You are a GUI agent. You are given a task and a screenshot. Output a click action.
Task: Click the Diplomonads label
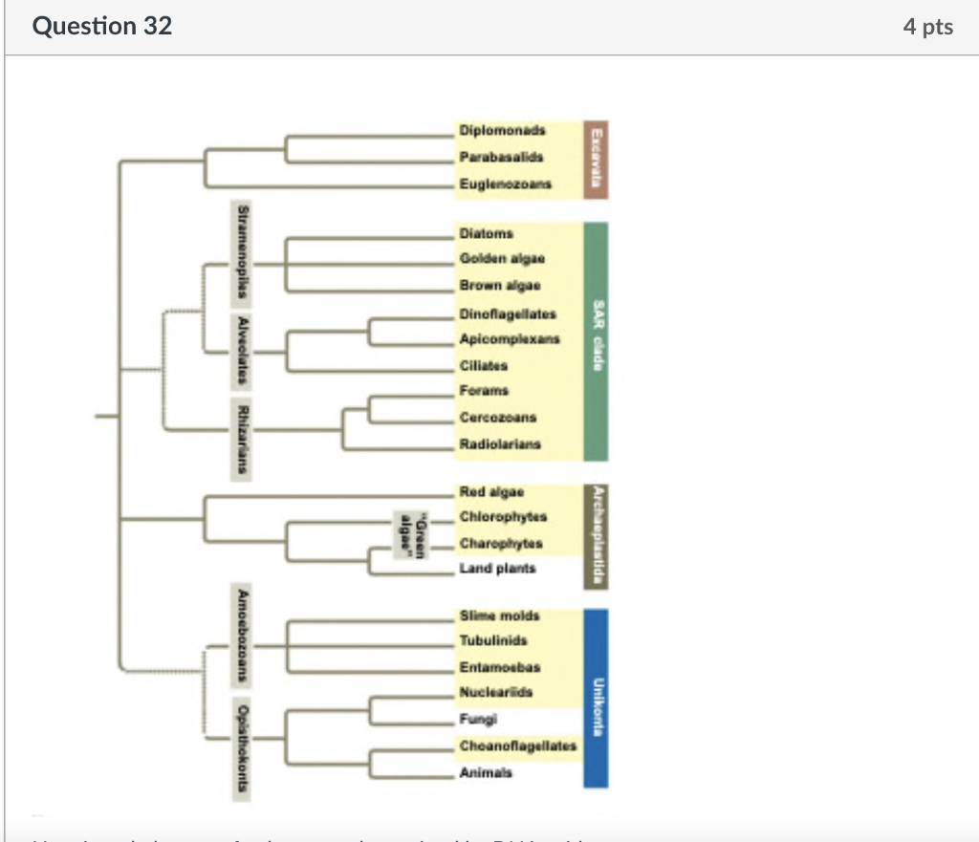point(502,130)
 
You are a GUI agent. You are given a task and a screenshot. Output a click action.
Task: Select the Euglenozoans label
point(506,184)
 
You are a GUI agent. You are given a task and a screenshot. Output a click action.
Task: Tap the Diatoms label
point(486,233)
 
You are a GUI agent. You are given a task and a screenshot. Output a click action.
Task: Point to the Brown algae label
point(500,286)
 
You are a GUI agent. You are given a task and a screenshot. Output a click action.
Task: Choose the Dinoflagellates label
point(508,313)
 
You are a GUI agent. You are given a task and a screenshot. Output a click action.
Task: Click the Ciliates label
point(484,365)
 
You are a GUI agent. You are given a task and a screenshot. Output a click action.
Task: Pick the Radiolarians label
point(500,443)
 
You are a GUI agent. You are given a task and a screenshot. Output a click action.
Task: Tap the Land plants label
point(498,569)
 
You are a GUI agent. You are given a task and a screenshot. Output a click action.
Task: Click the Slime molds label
point(499,615)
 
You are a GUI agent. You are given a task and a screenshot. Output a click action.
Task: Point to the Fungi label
point(478,718)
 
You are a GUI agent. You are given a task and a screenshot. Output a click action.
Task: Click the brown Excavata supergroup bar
point(596,160)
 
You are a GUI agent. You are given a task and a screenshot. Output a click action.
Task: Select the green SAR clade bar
point(596,341)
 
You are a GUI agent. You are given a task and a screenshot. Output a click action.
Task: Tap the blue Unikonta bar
point(596,698)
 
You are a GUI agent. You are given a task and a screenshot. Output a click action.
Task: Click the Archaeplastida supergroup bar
point(596,535)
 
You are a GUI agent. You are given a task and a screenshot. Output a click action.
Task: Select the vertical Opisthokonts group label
point(245,746)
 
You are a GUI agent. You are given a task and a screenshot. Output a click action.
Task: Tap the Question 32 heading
point(102,26)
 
